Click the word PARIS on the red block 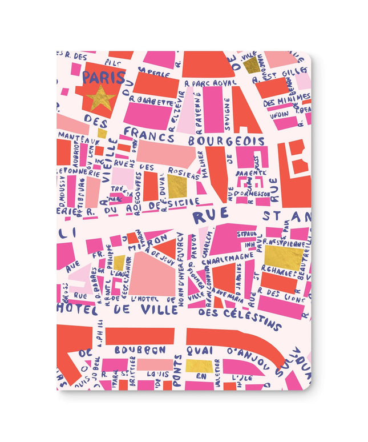coord(100,77)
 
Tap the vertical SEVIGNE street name coord(227,114)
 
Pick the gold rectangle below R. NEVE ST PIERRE coord(283,258)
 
